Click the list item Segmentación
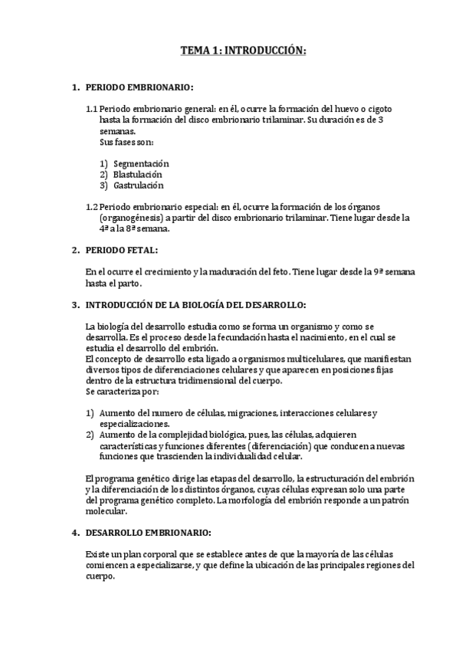click(x=141, y=163)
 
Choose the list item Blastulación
click(x=138, y=174)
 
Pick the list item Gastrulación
click(x=138, y=185)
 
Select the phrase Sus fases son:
click(x=126, y=142)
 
